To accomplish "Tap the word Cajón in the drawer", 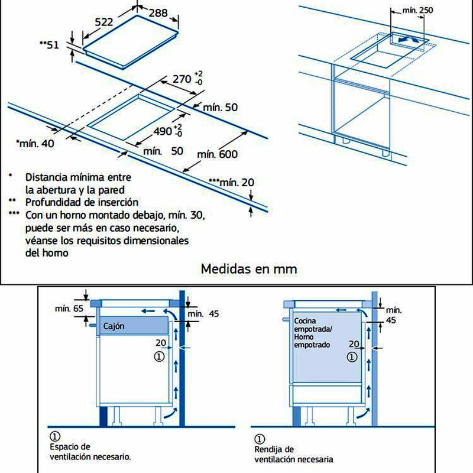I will (x=114, y=326).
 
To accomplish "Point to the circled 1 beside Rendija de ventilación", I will (x=258, y=439).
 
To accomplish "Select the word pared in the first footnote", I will (x=111, y=190).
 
